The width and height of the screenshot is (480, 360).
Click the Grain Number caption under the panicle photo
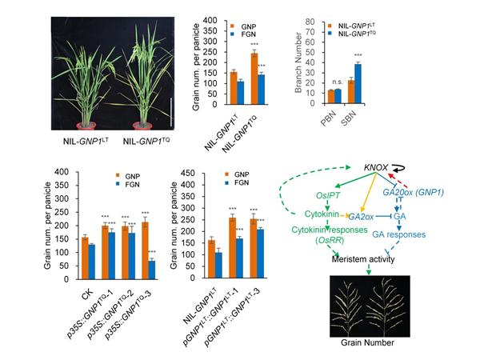(x=376, y=342)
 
